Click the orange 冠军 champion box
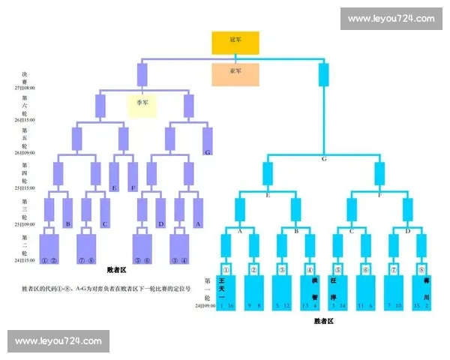pyautogui.click(x=235, y=43)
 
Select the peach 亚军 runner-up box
pyautogui.click(x=235, y=73)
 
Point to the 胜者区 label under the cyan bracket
pyautogui.click(x=324, y=321)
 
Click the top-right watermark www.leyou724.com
pyautogui.click(x=391, y=18)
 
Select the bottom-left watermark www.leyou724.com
pyautogui.click(x=59, y=341)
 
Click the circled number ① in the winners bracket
pyautogui.click(x=226, y=268)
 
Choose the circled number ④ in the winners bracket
pyautogui.click(x=310, y=268)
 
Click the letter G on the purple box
pyautogui.click(x=207, y=152)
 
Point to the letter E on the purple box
pyautogui.click(x=114, y=187)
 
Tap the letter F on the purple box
pyautogui.click(x=133, y=187)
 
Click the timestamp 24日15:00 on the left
pyautogui.click(x=24, y=260)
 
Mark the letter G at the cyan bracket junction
pyautogui.click(x=324, y=159)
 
